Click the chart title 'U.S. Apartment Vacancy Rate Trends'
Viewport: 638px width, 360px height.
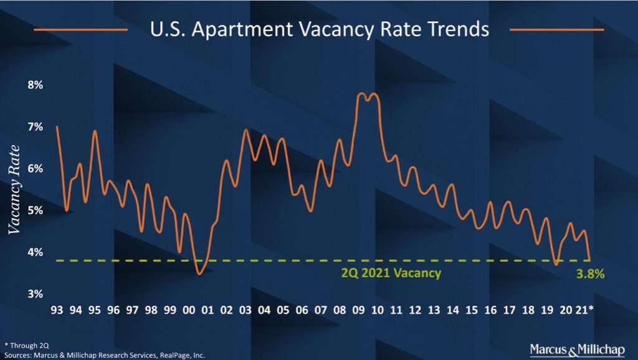click(x=320, y=29)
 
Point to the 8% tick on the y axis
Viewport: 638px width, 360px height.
click(x=34, y=85)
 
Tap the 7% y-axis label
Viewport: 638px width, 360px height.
click(x=34, y=126)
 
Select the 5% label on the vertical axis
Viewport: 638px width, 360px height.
click(x=34, y=211)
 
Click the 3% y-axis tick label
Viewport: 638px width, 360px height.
click(x=34, y=293)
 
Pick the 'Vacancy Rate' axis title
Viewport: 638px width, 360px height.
click(x=14, y=189)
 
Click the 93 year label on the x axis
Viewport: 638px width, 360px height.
click(x=57, y=310)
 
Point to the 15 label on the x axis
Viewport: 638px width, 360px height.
click(x=472, y=310)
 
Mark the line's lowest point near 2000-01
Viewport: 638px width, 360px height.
click(x=199, y=273)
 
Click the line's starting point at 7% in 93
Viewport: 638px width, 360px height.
click(x=57, y=127)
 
